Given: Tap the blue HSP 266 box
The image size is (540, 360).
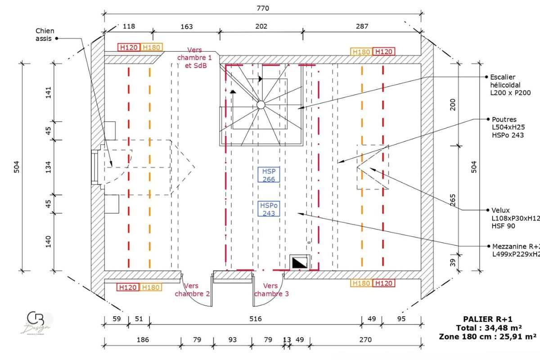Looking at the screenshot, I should pyautogui.click(x=269, y=175).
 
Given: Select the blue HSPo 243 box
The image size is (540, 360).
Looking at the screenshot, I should pyautogui.click(x=269, y=209).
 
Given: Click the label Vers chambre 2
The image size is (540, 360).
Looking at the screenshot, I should pyautogui.click(x=192, y=290).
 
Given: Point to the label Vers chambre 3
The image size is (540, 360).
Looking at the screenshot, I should pyautogui.click(x=271, y=290).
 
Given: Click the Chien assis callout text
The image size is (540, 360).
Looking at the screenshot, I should pyautogui.click(x=45, y=35).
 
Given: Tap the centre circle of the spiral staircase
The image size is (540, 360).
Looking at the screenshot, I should pyautogui.click(x=261, y=105).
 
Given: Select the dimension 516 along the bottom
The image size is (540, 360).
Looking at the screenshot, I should pyautogui.click(x=255, y=319).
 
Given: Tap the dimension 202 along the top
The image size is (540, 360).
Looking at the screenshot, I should pyautogui.click(x=261, y=27).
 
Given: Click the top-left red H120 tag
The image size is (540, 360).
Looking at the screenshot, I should pyautogui.click(x=129, y=47).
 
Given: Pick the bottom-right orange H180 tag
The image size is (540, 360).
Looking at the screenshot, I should pyautogui.click(x=361, y=283).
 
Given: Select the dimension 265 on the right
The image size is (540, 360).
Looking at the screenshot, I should pyautogui.click(x=453, y=199).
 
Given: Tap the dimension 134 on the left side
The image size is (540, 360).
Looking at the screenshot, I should pyautogui.click(x=49, y=167).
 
